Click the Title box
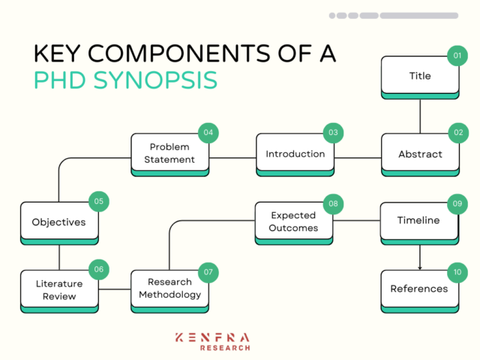[420, 76]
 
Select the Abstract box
[420, 154]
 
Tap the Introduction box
[295, 154]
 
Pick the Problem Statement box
[169, 154]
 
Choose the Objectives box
[58, 222]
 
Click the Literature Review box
[58, 289]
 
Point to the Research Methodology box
[169, 289]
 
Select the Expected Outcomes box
[294, 222]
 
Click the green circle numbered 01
[457, 56]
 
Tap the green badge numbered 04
[207, 133]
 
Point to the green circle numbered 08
[332, 202]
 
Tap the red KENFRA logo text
[212, 338]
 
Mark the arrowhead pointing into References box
[420, 267]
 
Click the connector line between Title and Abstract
[420, 115]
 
